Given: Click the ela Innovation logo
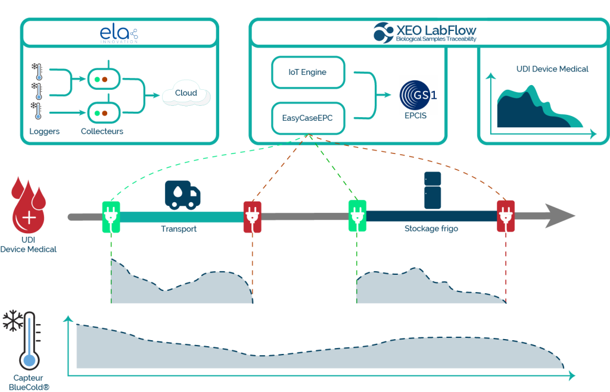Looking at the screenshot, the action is click(119, 34).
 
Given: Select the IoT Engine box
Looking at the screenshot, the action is click(308, 72).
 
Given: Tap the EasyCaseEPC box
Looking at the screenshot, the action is click(308, 118).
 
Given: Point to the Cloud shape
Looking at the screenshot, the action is click(186, 93).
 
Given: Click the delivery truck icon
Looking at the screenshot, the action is click(182, 195).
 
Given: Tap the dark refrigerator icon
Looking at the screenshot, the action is click(432, 190).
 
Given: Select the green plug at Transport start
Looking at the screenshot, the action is click(111, 217).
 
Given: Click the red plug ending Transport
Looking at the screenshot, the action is click(252, 217).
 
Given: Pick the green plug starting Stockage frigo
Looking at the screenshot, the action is click(357, 215).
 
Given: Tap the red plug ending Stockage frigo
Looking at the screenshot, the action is click(506, 216).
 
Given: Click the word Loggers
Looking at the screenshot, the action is click(44, 131).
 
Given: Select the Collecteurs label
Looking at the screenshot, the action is click(102, 131).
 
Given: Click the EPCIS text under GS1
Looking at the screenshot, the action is click(415, 116).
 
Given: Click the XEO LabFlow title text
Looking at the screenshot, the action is click(436, 30).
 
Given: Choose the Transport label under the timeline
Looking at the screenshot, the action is click(179, 229).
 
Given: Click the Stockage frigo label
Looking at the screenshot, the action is click(431, 228).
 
